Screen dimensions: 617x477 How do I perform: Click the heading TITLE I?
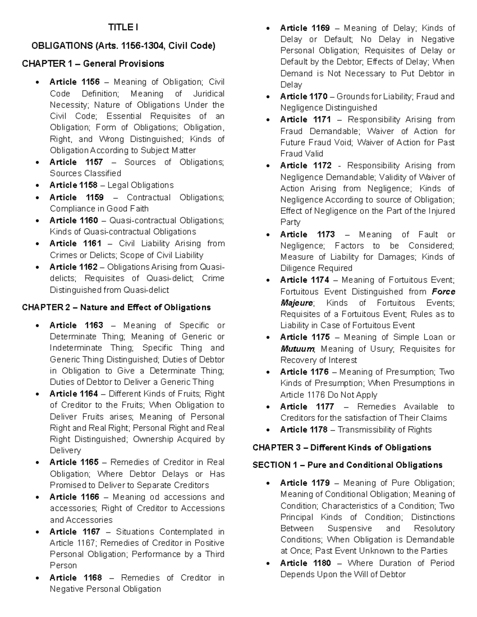click(123, 27)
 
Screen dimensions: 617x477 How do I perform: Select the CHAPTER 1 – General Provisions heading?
click(93, 64)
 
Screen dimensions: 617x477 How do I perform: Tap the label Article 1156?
click(74, 82)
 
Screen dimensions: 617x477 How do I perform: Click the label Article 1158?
click(73, 185)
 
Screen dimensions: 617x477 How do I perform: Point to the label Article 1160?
click(74, 220)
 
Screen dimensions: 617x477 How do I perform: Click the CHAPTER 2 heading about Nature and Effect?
click(116, 308)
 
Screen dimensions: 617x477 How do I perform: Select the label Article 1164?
click(74, 394)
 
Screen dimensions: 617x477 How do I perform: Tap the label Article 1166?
click(74, 497)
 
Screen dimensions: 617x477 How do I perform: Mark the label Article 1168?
click(76, 578)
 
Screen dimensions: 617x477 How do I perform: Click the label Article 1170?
click(304, 97)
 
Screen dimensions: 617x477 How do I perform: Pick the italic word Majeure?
click(297, 303)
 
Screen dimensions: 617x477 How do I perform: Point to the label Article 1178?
click(304, 429)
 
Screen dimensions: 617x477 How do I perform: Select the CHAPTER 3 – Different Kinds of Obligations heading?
click(342, 448)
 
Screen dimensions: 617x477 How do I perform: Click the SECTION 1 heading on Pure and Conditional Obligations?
click(347, 465)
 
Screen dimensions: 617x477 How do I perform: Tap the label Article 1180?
click(305, 563)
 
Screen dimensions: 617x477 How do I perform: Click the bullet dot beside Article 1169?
click(269, 28)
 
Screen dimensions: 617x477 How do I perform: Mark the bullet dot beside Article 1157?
click(38, 162)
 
